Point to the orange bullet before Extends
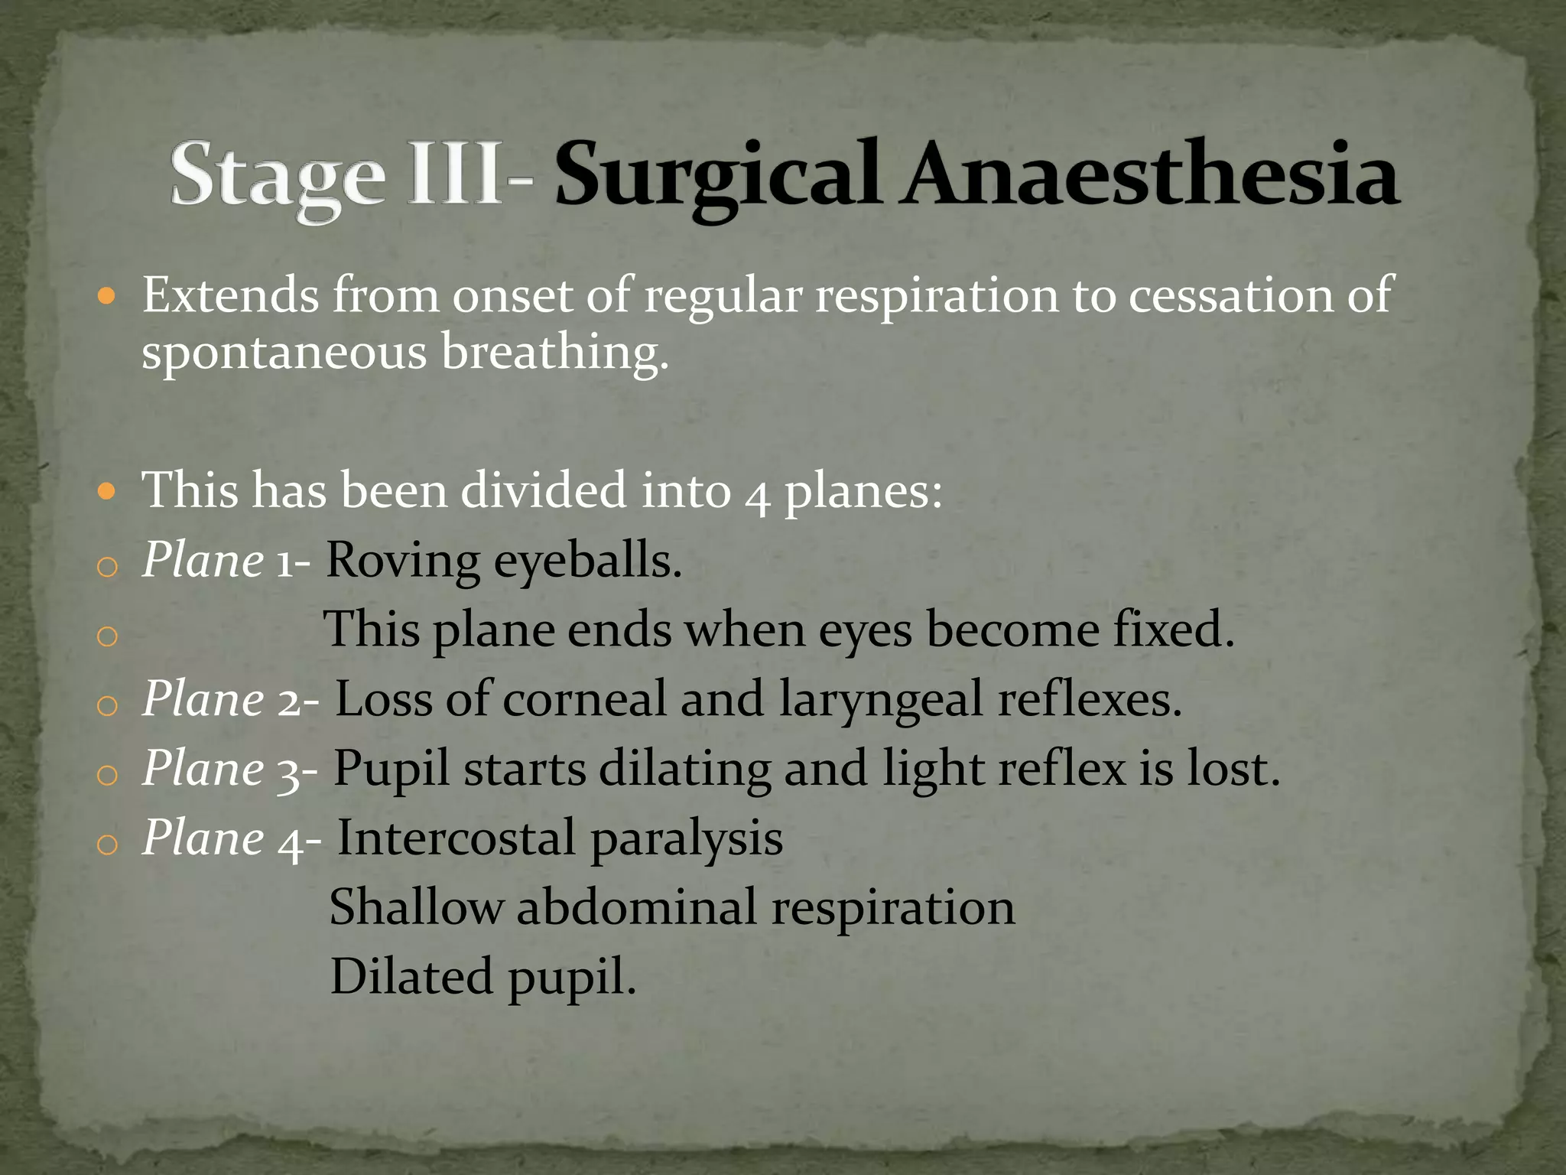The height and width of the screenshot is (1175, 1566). (x=107, y=296)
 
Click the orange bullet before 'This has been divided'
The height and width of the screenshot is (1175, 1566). (x=107, y=490)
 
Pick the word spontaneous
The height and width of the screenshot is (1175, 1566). (x=284, y=354)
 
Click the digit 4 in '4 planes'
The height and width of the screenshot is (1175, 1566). (x=757, y=493)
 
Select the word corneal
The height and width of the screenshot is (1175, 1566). (x=585, y=699)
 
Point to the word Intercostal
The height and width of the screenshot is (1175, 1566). (x=456, y=838)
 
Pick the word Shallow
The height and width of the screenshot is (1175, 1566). (x=416, y=907)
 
